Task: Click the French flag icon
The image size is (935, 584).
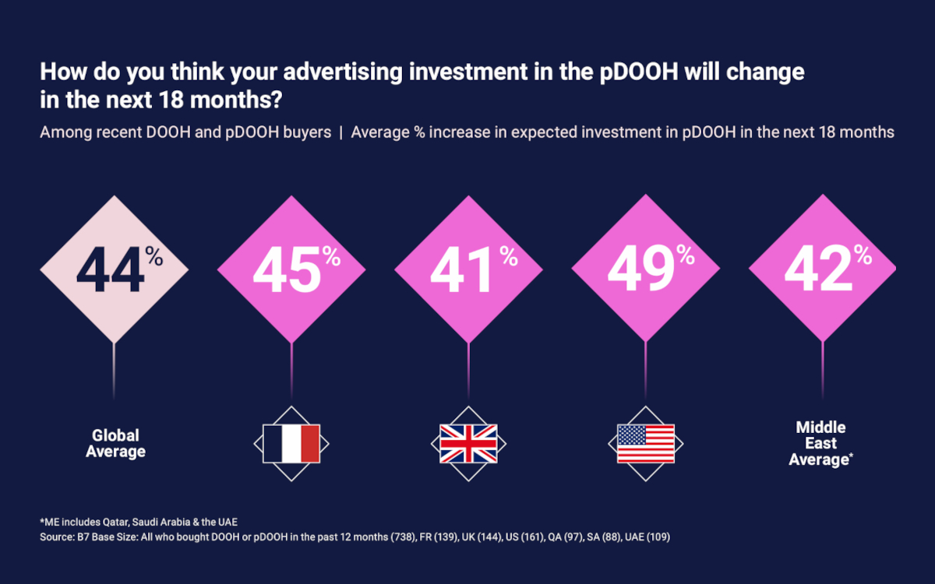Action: [291, 444]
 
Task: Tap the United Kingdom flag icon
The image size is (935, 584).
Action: [468, 444]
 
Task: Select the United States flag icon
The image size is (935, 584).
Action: [645, 444]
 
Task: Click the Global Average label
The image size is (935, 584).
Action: [115, 443]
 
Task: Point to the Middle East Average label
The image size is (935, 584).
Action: [821, 443]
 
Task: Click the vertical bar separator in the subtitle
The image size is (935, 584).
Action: [341, 132]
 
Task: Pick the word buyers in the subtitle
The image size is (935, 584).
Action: [308, 132]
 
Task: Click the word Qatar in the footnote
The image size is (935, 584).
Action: [132, 522]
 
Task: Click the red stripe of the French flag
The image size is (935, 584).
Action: [310, 444]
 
